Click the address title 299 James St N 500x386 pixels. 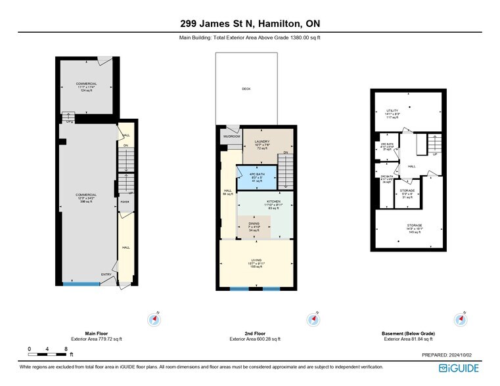250,24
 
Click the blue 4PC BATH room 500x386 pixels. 256,176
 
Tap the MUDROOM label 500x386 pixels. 230,137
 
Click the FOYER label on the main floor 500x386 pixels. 125,202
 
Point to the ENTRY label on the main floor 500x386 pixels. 106,275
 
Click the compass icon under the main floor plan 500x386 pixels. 154,320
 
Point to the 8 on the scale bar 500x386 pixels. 66,349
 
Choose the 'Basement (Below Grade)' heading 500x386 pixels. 408,333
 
